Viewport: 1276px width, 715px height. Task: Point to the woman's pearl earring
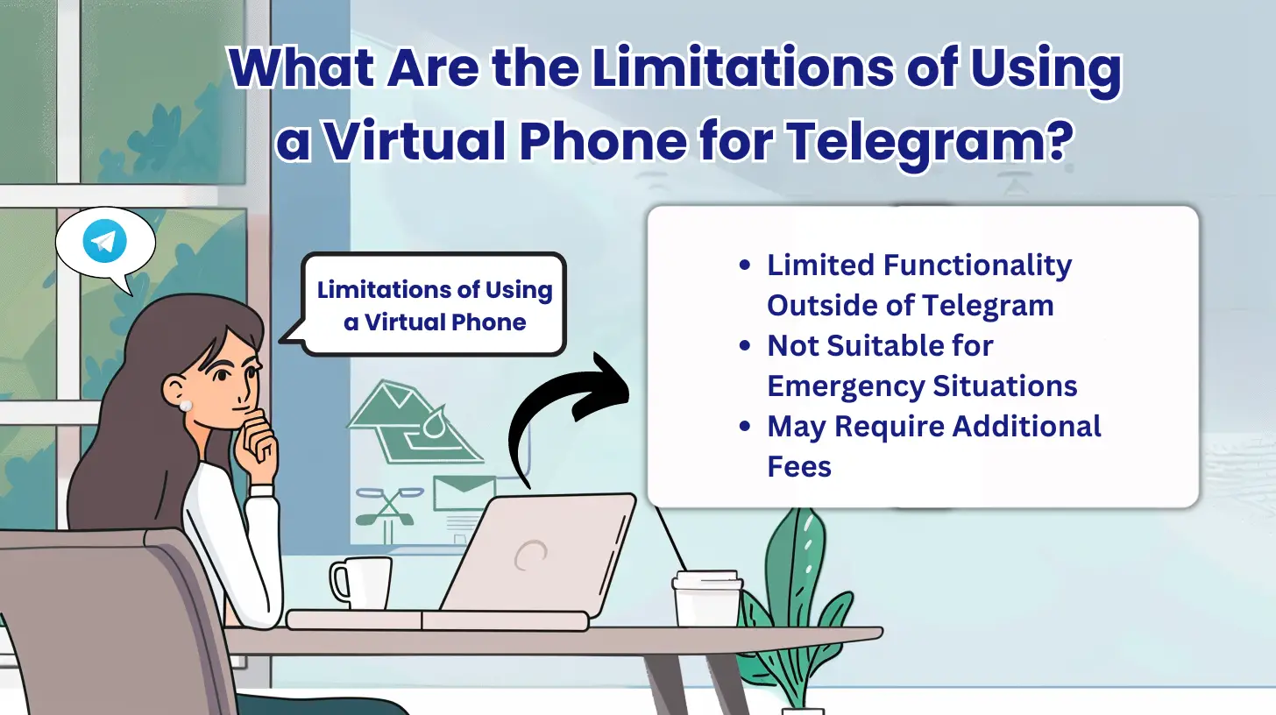coord(186,405)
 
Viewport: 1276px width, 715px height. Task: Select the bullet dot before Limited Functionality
coord(745,265)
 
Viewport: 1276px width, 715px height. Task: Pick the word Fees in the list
coord(799,466)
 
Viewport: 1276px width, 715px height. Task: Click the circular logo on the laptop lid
coord(531,554)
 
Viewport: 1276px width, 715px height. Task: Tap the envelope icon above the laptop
coord(464,492)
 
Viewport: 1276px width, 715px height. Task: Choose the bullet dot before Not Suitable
coord(745,346)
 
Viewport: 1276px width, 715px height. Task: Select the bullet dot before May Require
coord(745,427)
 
